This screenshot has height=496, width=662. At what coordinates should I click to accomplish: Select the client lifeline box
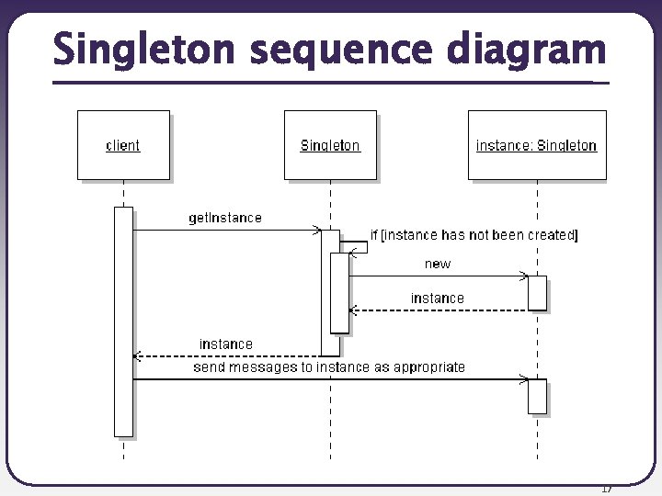[x=123, y=145]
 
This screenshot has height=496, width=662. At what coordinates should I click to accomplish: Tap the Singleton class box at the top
[x=330, y=145]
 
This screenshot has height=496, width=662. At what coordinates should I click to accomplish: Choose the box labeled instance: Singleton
[x=537, y=145]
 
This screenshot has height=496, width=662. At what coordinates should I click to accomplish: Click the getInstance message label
[x=225, y=218]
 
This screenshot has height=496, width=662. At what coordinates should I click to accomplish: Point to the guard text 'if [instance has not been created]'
[x=474, y=235]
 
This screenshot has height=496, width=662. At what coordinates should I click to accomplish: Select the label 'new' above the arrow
[x=438, y=264]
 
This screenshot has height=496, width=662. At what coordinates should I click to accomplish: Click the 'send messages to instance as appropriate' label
[x=328, y=366]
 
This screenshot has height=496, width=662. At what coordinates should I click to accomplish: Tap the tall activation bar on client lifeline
[x=123, y=321]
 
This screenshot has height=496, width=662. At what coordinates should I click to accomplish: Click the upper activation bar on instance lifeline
[x=537, y=292]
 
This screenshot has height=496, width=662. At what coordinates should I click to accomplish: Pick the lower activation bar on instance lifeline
[x=537, y=396]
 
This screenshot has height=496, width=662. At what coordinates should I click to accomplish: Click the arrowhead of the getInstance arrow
[x=316, y=230]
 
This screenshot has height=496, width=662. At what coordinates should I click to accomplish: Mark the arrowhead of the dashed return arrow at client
[x=137, y=355]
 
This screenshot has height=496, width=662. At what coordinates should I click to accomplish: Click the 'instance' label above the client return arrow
[x=226, y=344]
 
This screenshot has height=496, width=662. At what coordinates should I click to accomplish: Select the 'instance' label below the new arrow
[x=438, y=298]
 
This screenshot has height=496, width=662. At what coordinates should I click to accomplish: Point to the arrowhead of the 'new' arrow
[x=524, y=276]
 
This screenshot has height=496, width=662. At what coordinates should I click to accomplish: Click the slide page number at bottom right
[x=605, y=488]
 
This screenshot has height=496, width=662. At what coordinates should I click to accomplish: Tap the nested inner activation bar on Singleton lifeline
[x=340, y=292]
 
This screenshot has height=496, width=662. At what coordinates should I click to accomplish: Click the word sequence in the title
[x=347, y=50]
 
